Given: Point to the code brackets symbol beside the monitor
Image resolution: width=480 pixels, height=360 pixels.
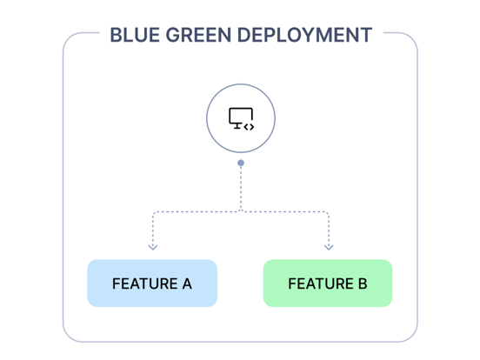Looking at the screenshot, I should point(249,127).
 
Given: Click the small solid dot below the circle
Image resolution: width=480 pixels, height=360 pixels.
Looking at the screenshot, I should point(241,163).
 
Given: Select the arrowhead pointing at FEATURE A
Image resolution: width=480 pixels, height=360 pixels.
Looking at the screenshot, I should point(153,247).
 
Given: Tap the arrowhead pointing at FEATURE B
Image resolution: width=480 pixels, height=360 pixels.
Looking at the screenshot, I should point(329,247).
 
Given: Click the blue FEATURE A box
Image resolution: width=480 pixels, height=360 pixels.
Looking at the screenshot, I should point(152,283).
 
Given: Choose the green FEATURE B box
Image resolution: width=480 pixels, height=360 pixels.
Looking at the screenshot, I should point(328,283).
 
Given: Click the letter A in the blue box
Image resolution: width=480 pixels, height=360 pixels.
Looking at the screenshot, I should point(186,284).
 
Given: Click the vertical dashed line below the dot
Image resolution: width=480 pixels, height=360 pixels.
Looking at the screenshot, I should point(241,187).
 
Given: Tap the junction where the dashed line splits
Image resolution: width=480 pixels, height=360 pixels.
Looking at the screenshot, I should point(241,211).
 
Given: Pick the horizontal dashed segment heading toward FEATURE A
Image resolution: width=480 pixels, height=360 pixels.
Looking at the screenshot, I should point(196,211).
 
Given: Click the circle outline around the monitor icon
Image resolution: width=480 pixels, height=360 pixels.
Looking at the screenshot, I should point(207,119).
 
